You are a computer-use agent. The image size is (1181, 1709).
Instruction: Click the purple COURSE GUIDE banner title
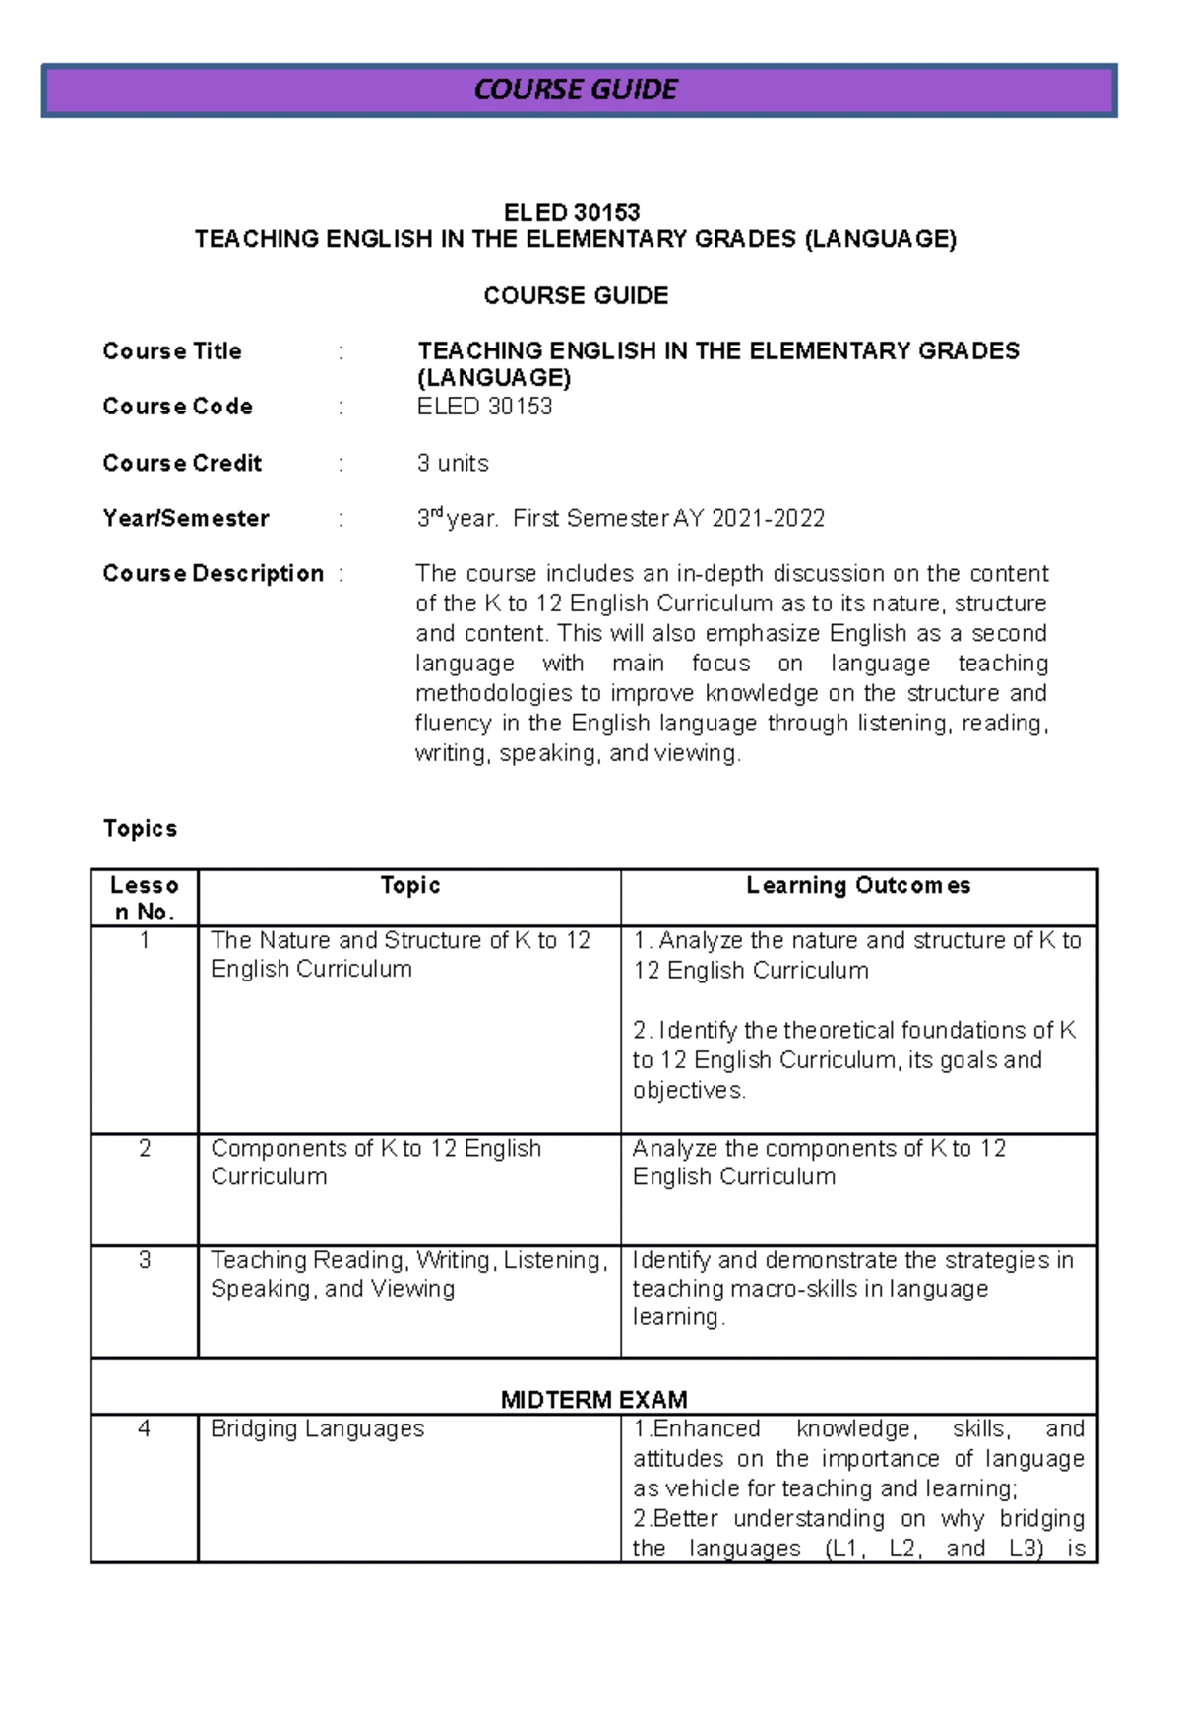576,91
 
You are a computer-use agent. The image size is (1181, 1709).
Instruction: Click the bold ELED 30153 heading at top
572,212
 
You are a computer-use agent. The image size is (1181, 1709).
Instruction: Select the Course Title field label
172,351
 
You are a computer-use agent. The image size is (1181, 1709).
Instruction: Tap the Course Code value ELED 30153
484,407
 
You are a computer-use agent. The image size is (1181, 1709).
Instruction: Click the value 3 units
453,463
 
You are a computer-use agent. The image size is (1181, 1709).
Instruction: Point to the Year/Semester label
186,518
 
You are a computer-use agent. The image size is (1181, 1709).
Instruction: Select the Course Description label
213,573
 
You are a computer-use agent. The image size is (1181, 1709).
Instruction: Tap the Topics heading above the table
140,828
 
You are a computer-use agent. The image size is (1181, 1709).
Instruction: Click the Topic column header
410,885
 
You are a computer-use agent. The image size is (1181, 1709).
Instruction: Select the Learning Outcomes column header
858,885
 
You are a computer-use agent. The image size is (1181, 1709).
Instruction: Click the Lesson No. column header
145,898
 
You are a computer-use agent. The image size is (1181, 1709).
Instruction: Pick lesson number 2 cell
145,1148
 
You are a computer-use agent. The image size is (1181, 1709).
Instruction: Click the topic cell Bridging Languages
317,1428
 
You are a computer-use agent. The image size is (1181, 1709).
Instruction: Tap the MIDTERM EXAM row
593,1398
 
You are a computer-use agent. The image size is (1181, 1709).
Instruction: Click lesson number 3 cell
145,1260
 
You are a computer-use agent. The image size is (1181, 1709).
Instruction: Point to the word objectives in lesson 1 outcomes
688,1090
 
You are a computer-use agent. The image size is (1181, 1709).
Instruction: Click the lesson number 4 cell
145,1428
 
